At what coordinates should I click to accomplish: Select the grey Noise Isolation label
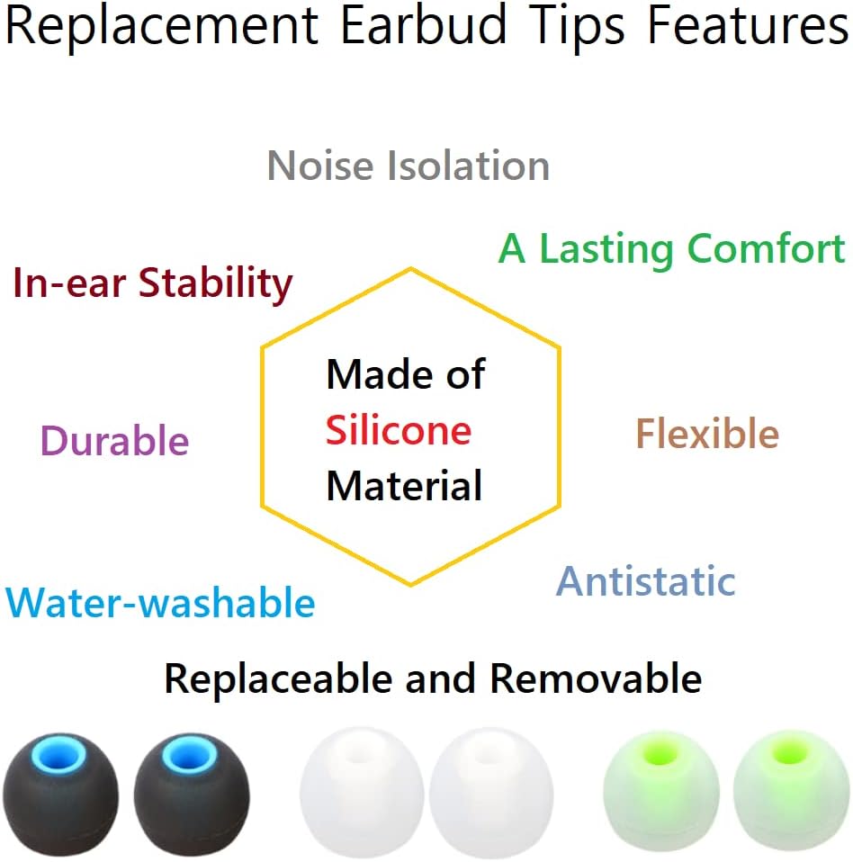(x=409, y=166)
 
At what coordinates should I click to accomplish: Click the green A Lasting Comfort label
(x=672, y=249)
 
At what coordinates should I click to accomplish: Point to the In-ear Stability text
(x=153, y=284)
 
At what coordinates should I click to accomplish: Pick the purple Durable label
(x=115, y=441)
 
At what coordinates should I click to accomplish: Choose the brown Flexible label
(x=707, y=435)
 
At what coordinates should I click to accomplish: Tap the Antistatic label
(x=646, y=581)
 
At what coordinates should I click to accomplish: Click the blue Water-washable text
(x=160, y=603)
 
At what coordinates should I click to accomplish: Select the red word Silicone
(x=399, y=431)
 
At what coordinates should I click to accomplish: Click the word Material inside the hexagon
(x=404, y=486)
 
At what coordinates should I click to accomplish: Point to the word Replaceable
(x=279, y=678)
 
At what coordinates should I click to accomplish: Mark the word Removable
(x=596, y=678)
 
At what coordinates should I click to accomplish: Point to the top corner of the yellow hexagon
(x=411, y=268)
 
